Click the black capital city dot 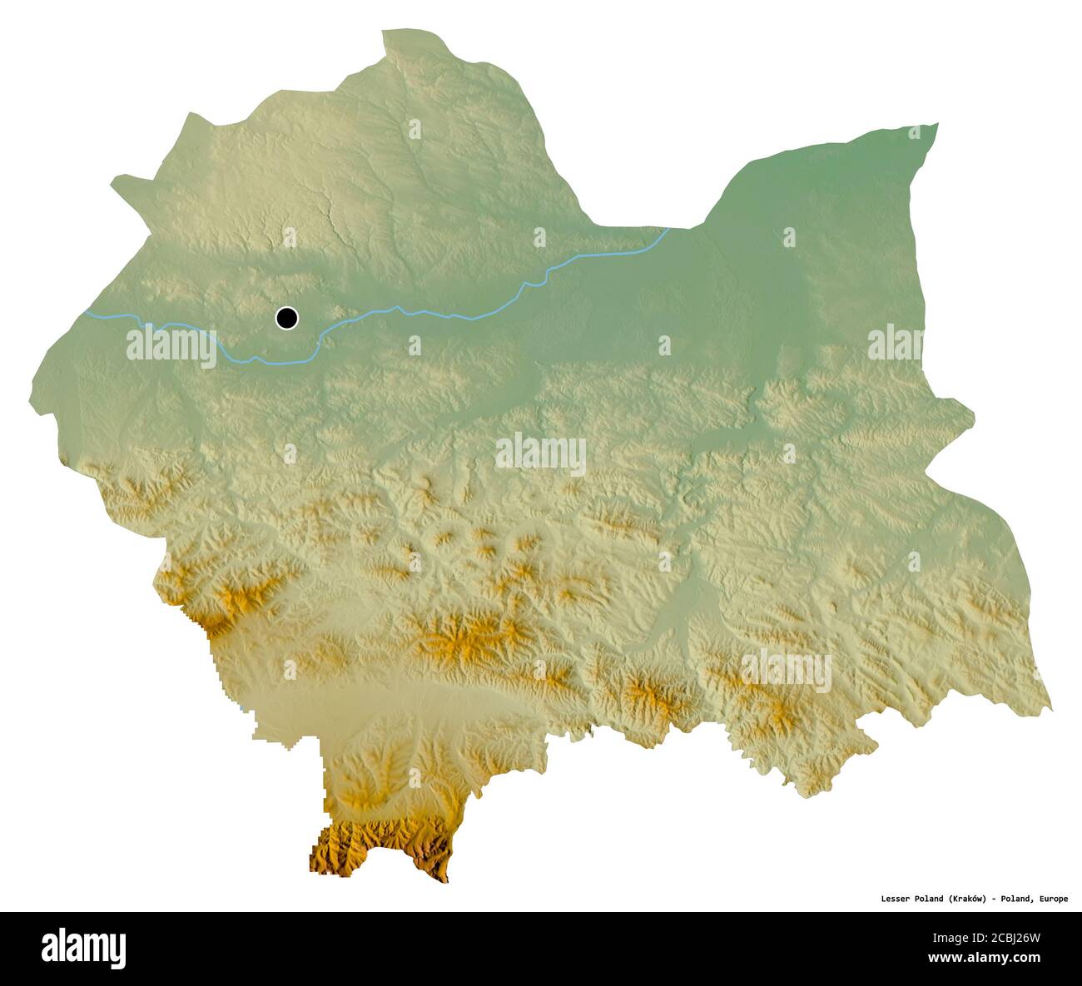click(286, 317)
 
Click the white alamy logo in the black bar click(83, 948)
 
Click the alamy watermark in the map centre click(541, 453)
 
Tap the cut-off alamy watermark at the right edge click(896, 343)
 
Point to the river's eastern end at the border click(668, 229)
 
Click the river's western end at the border click(87, 313)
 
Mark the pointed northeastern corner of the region click(937, 125)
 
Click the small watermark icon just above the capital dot click(289, 238)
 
